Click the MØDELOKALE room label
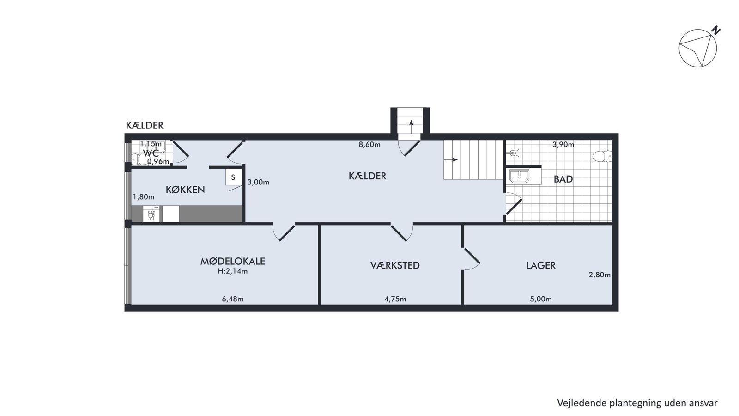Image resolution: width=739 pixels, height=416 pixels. pyautogui.click(x=233, y=261)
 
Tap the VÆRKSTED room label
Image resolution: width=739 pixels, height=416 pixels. pyautogui.click(x=395, y=265)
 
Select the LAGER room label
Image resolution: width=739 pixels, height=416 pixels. pyautogui.click(x=541, y=265)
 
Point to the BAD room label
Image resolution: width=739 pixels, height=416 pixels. pyautogui.click(x=563, y=179)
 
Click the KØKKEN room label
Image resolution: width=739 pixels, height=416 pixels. pyautogui.click(x=185, y=190)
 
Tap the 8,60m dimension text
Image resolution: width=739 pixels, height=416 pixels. pyautogui.click(x=369, y=144)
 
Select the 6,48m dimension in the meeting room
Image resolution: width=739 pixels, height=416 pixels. pyautogui.click(x=233, y=299)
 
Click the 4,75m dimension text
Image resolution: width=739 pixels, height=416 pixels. pyautogui.click(x=395, y=299)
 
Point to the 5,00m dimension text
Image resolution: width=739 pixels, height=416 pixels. pyautogui.click(x=541, y=299)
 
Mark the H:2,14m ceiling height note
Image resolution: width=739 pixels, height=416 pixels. pyautogui.click(x=233, y=271)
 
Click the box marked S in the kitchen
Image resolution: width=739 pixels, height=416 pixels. pyautogui.click(x=233, y=177)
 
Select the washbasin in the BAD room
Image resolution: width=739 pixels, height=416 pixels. pyautogui.click(x=519, y=176)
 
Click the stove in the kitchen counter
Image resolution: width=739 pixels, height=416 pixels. pyautogui.click(x=151, y=214)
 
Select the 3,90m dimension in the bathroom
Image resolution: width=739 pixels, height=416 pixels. pyautogui.click(x=563, y=144)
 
